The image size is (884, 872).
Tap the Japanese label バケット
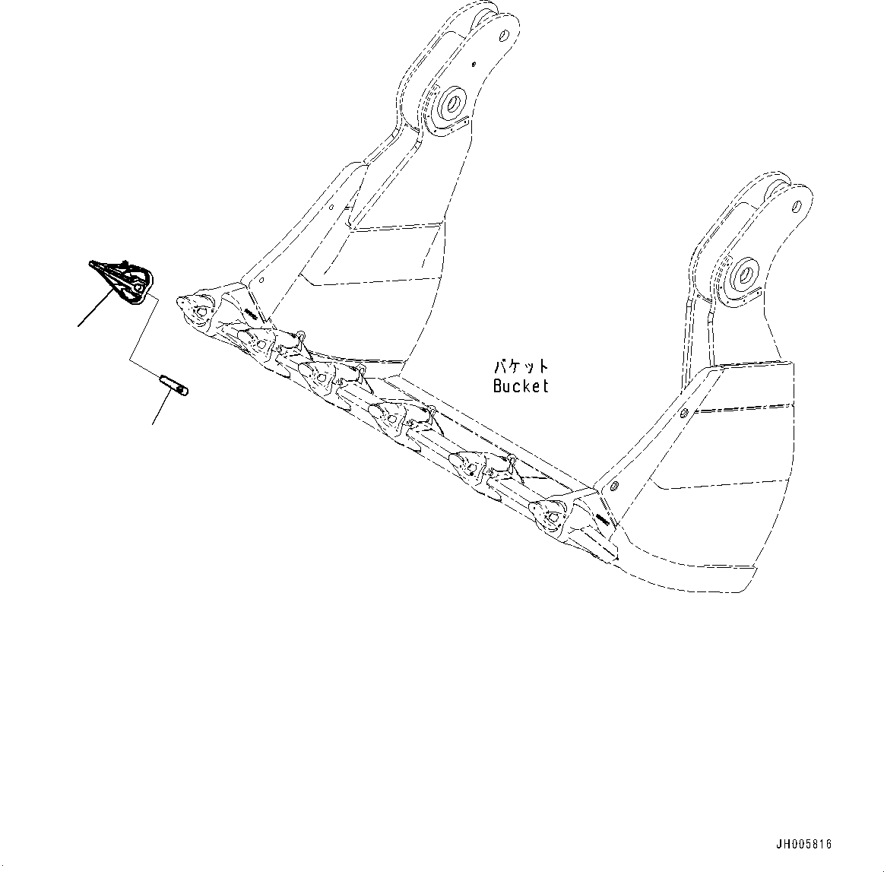pos(520,366)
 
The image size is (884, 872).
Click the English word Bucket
pos(520,385)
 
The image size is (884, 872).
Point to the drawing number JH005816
pos(804,844)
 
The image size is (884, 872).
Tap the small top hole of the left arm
pos(503,33)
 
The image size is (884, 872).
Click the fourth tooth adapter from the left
pos(386,415)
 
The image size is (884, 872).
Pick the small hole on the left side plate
pos(333,205)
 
